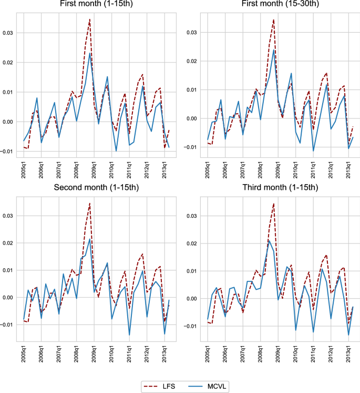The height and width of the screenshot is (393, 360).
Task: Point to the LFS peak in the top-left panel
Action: coord(90,19)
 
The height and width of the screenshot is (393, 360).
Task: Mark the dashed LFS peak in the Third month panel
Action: coord(274,203)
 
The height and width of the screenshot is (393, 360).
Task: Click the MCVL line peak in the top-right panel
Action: coord(274,51)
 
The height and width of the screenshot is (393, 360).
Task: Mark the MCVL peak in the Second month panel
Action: coord(90,239)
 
